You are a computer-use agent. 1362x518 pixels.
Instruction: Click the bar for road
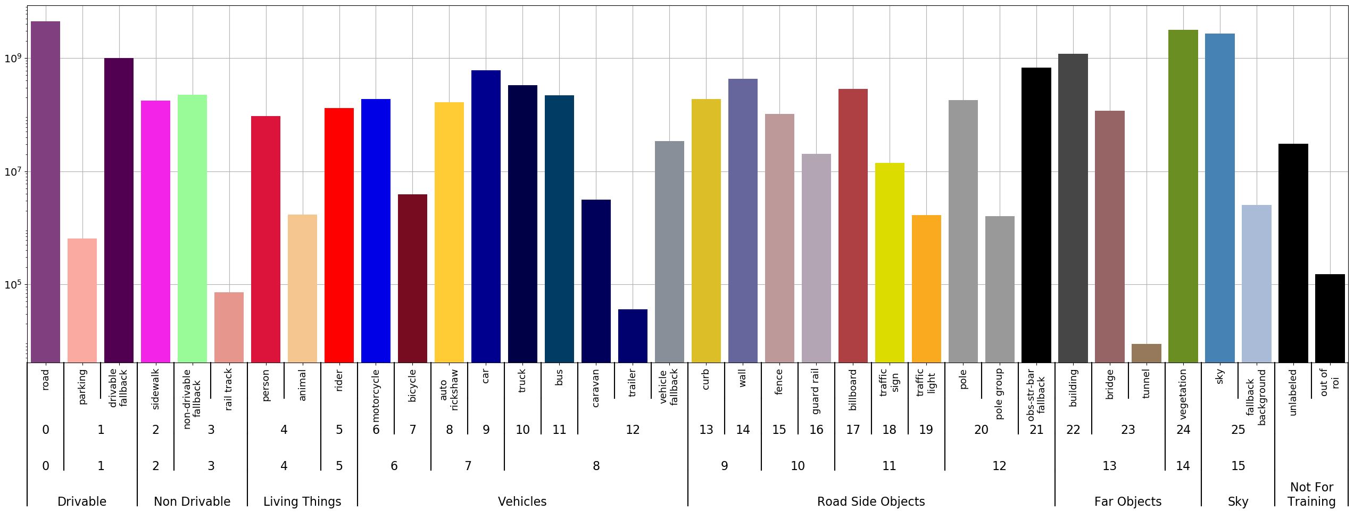tap(45, 192)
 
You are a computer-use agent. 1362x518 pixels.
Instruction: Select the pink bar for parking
tap(82, 300)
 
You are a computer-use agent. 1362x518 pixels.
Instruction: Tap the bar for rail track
tap(229, 327)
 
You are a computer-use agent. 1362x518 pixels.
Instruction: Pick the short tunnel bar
tap(1146, 353)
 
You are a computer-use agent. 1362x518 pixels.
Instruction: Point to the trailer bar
tap(633, 335)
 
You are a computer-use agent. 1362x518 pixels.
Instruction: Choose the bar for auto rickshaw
tap(449, 232)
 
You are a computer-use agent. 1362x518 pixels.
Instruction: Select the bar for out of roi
tap(1330, 318)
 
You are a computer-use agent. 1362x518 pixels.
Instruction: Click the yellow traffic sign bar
tap(890, 262)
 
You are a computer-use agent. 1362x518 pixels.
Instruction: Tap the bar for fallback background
tap(1256, 283)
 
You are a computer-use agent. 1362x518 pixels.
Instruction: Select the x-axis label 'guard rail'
tap(816, 391)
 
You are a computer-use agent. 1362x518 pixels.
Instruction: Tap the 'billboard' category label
tap(853, 390)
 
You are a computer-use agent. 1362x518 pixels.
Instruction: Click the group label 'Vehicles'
tap(522, 501)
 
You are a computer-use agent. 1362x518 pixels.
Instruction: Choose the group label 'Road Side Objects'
tap(871, 501)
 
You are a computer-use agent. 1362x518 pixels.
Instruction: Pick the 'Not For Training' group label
tap(1311, 494)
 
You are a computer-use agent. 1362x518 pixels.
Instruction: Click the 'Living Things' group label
tap(302, 501)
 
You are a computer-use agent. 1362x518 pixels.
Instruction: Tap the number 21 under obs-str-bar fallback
tap(1036, 430)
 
